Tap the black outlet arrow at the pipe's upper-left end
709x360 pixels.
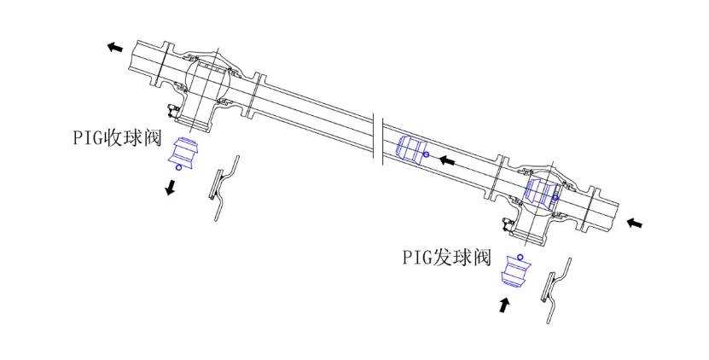(x=113, y=47)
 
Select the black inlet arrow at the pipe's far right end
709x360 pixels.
(x=633, y=223)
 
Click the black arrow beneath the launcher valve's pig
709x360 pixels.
(x=505, y=303)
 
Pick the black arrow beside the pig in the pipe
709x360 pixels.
(x=447, y=160)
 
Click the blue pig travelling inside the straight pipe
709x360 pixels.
(x=412, y=149)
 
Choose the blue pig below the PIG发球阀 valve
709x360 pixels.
(x=514, y=272)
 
